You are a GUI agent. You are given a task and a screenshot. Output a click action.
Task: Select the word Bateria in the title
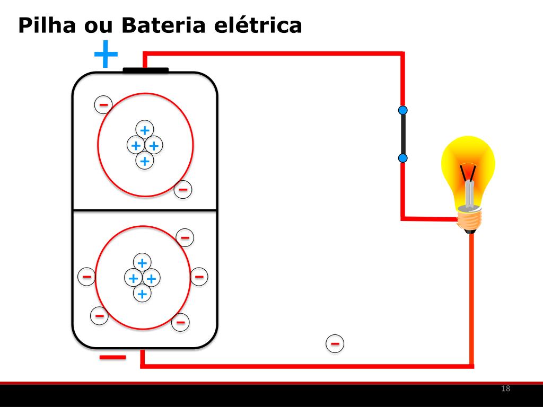[x=160, y=25]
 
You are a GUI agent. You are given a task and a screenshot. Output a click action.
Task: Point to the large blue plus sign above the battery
[x=106, y=54]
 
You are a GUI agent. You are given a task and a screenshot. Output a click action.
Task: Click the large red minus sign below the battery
[x=113, y=358]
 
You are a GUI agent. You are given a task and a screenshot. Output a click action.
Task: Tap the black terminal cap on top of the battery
[x=145, y=70]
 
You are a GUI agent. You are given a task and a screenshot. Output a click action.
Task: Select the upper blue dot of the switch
[x=403, y=110]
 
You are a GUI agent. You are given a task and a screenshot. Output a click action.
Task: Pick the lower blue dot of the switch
[x=403, y=158]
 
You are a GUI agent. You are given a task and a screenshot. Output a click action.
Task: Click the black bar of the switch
[x=403, y=134]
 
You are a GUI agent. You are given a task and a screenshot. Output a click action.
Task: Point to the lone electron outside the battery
[x=335, y=344]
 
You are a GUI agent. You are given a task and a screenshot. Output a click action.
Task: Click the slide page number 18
[x=505, y=390]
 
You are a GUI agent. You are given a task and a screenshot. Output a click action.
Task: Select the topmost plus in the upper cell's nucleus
[x=144, y=129]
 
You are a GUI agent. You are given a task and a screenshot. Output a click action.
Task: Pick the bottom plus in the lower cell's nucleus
[x=142, y=293]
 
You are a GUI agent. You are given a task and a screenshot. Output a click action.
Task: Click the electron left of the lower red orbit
[x=87, y=276]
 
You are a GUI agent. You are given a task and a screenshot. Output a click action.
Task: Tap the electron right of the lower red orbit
[x=199, y=276]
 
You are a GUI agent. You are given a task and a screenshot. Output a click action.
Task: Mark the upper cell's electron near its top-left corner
[x=103, y=104]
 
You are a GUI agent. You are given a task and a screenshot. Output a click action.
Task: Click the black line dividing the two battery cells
[x=145, y=210]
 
